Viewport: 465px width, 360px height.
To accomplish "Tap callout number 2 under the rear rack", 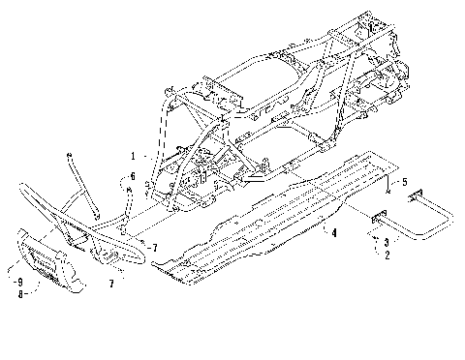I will click(387, 255).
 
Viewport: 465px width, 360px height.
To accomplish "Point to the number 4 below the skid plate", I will click(334, 232).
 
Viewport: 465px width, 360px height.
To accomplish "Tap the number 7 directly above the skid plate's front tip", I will click(153, 249).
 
